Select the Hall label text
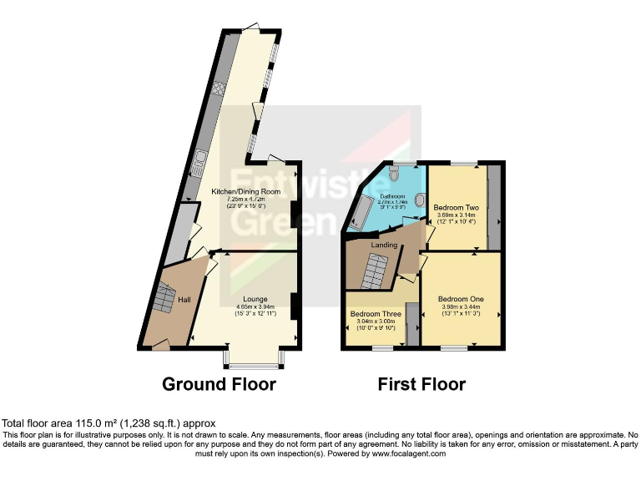[x=185, y=299]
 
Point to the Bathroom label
[x=393, y=196]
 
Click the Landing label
[x=384, y=245]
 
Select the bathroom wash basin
[x=420, y=200]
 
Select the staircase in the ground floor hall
[x=164, y=297]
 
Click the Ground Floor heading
[x=219, y=384]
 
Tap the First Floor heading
[x=421, y=384]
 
